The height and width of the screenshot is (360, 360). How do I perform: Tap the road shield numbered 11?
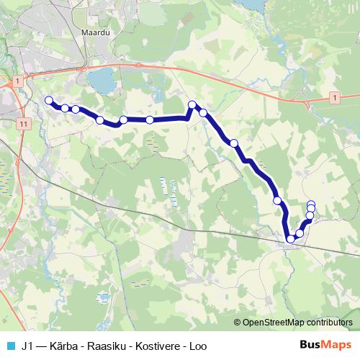24,124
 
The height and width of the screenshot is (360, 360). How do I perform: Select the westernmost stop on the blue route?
49,100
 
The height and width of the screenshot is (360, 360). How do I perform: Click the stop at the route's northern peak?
192,105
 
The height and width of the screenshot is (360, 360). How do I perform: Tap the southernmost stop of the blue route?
291,238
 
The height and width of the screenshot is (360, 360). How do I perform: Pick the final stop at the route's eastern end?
311,204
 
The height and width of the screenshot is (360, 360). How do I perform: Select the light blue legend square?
10,345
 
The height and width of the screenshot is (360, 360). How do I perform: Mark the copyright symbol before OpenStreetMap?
237,322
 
